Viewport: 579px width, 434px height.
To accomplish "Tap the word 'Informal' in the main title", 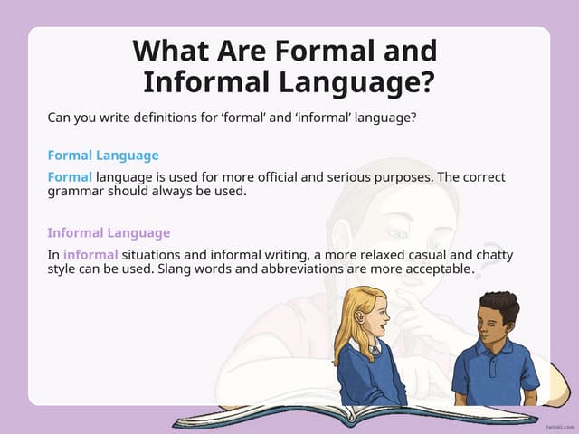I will point(207,82).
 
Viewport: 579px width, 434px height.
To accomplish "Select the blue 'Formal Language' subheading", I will point(103,156).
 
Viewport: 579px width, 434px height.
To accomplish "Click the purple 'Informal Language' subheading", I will point(109,232).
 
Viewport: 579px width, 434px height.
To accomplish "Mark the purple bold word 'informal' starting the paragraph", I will point(90,254).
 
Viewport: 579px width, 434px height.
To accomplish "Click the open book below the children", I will point(353,415).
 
